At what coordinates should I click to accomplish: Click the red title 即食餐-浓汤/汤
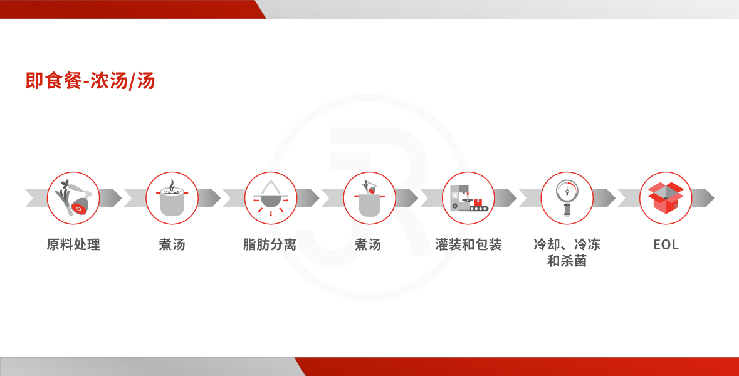(90, 81)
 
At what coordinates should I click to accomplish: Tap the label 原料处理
(73, 244)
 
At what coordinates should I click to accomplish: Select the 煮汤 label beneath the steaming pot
(172, 244)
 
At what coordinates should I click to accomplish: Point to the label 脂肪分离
(270, 244)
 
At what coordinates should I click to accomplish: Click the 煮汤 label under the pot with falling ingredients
(368, 244)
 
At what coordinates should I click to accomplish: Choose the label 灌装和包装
(468, 244)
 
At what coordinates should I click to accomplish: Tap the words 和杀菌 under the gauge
(567, 261)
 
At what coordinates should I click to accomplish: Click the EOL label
(666, 244)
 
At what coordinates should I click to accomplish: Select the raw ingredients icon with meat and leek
(73, 198)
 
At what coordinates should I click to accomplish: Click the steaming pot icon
(172, 198)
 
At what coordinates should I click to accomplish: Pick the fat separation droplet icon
(271, 198)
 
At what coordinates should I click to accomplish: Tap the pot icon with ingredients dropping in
(370, 198)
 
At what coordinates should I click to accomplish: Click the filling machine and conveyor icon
(468, 198)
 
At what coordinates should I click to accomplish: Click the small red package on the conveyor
(479, 202)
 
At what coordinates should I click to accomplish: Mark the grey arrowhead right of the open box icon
(703, 198)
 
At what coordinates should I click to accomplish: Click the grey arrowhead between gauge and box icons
(604, 198)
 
